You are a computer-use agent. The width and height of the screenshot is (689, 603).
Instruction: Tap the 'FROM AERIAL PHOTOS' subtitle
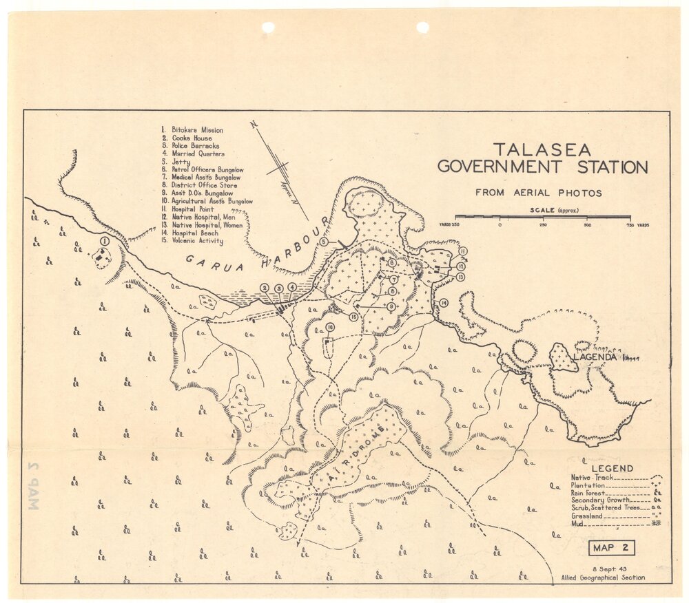539,193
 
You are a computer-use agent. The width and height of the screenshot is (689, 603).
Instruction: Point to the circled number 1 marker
104,241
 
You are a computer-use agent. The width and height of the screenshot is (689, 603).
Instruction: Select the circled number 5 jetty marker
323,241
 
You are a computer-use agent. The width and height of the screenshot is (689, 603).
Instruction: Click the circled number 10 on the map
330,327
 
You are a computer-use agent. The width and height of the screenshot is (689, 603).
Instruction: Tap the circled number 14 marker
444,303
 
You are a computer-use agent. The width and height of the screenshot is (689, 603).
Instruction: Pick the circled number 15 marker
353,317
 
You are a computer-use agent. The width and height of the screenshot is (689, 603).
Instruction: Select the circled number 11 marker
463,251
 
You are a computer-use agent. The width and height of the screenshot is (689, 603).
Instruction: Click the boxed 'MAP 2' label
611,549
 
